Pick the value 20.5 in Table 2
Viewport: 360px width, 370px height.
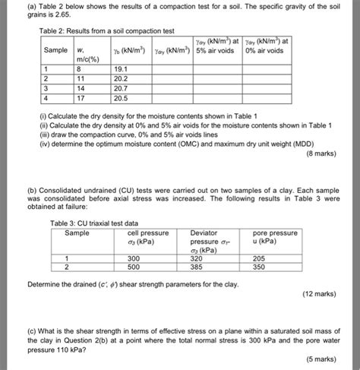(x=122, y=98)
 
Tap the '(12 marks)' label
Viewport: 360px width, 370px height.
(x=328, y=292)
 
